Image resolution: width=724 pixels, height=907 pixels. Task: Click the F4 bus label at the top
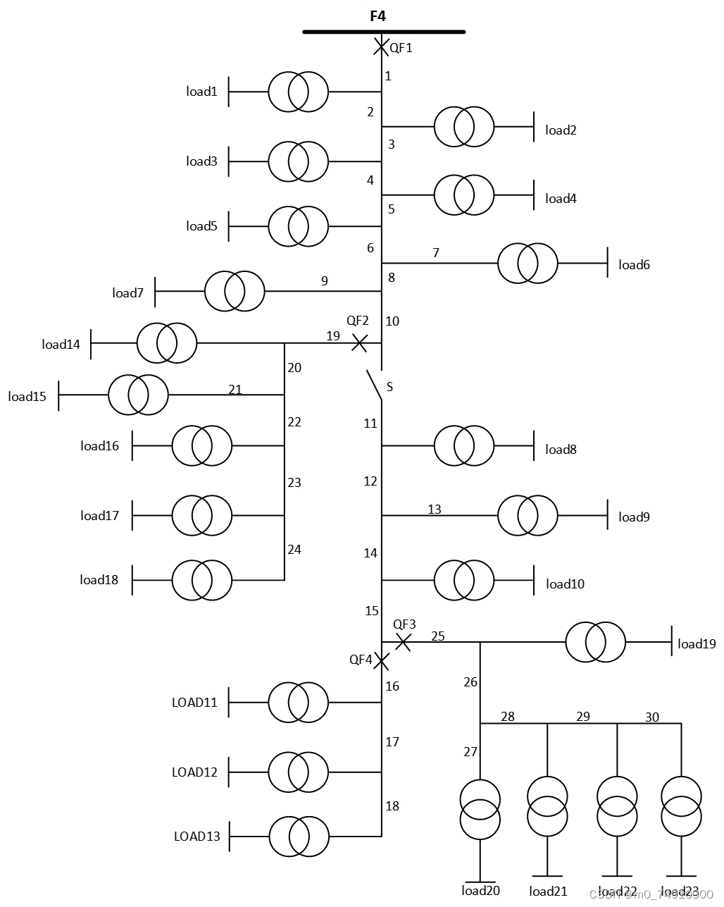[x=378, y=16]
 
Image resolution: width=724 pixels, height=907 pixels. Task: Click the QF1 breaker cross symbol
[x=381, y=47]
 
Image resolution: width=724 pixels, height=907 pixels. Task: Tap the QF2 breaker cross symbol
[x=359, y=343]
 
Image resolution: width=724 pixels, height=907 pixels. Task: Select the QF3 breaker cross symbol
[x=403, y=642]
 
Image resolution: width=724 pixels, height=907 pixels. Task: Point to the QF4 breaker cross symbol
[x=381, y=661]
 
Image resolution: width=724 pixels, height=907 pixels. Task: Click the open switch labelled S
[x=374, y=385]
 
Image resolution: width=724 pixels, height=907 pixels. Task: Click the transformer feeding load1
[x=298, y=92]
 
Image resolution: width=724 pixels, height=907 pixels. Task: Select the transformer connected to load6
[x=528, y=264]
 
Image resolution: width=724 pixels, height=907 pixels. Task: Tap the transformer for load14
[x=167, y=343]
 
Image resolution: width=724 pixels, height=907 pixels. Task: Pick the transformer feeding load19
[x=595, y=642]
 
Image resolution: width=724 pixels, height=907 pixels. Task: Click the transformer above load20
[x=480, y=809]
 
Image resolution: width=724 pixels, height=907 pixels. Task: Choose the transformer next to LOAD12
[x=298, y=772]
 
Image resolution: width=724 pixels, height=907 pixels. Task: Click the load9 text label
[x=634, y=517]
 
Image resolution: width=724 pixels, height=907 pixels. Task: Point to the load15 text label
[x=27, y=397]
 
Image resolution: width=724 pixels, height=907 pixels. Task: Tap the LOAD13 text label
[x=197, y=837]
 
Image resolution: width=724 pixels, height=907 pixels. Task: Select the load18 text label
[x=99, y=580]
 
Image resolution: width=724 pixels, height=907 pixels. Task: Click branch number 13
[x=435, y=509]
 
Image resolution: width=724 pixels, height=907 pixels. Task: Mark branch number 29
[x=583, y=717]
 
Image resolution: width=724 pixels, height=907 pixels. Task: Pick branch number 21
[x=235, y=390]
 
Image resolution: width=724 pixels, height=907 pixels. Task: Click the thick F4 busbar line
[x=384, y=32]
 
